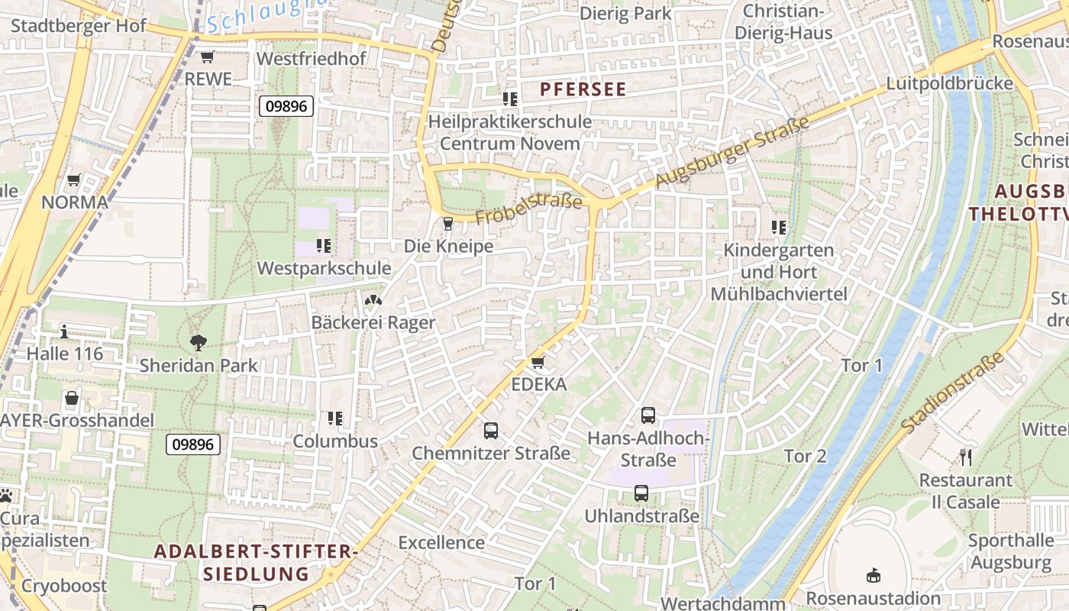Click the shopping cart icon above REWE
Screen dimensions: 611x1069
click(x=207, y=57)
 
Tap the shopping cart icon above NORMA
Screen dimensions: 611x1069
click(x=74, y=180)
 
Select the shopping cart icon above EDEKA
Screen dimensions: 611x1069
click(x=538, y=362)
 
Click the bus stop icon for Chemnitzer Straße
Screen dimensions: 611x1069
click(x=491, y=431)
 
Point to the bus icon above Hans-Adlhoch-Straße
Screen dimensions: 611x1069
click(x=648, y=415)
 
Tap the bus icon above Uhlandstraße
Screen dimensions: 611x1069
click(x=641, y=493)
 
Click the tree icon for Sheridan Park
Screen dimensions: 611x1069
click(x=199, y=343)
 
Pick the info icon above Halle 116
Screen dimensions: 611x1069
click(x=64, y=331)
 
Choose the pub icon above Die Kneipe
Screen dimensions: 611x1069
click(x=448, y=224)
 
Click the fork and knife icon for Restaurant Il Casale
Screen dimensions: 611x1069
click(x=966, y=457)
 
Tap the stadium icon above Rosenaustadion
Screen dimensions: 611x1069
click(x=874, y=575)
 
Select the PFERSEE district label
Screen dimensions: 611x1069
click(x=583, y=89)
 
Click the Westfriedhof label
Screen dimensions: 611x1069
click(x=312, y=59)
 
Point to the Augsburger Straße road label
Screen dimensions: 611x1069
click(x=732, y=154)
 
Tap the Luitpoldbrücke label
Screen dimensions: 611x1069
click(x=950, y=83)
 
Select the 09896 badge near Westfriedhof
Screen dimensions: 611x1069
click(x=286, y=106)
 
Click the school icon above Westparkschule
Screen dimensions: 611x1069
click(x=324, y=246)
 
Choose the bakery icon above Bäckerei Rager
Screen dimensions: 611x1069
click(x=373, y=301)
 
